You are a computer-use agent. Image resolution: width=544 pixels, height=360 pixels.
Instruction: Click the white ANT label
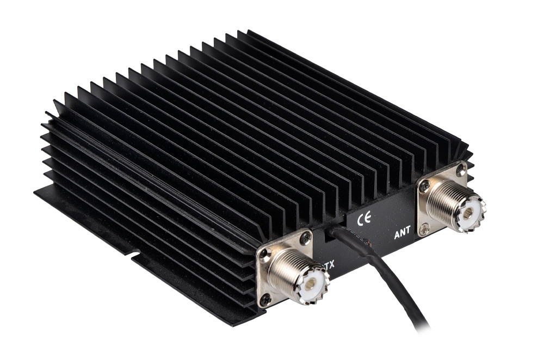[402, 232]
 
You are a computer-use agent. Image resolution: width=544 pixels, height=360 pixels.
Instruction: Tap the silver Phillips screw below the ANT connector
[424, 228]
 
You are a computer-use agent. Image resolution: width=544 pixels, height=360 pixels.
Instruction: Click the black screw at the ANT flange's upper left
[424, 187]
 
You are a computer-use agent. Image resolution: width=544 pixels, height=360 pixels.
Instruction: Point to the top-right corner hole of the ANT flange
[461, 169]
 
